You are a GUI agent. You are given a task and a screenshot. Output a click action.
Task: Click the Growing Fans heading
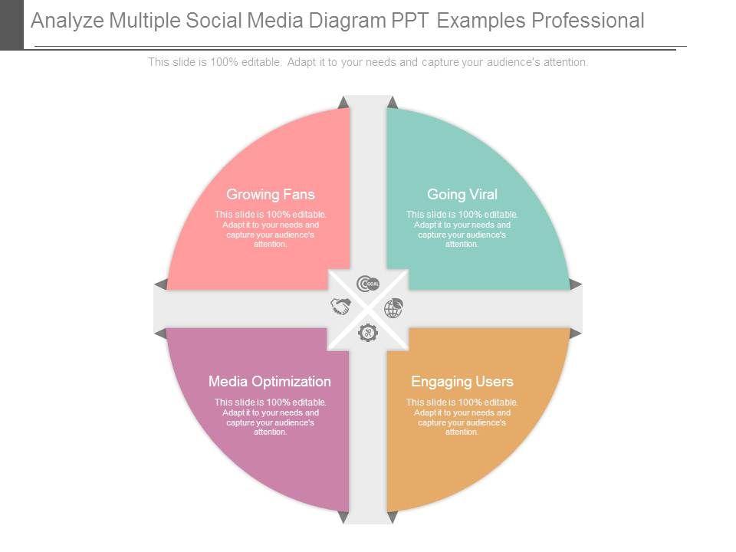270,195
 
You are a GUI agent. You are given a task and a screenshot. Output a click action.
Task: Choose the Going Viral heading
462,195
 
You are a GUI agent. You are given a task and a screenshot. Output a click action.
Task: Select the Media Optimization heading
270,382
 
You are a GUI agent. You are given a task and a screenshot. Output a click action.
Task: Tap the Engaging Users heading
462,382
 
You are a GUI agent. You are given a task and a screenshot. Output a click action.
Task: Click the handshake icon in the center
340,307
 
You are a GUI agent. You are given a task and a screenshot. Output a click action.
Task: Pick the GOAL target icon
368,284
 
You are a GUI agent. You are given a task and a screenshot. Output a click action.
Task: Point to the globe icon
393,308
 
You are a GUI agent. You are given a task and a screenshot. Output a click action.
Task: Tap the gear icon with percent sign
368,332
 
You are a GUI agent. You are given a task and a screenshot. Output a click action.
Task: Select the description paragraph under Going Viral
462,229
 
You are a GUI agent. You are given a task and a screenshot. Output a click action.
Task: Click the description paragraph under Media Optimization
270,416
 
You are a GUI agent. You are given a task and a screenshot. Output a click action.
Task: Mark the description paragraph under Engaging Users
462,416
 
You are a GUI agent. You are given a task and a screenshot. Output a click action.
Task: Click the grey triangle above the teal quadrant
393,103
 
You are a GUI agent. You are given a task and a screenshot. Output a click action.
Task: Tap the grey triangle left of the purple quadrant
160,333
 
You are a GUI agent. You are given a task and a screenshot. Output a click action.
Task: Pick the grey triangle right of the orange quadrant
576,333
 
